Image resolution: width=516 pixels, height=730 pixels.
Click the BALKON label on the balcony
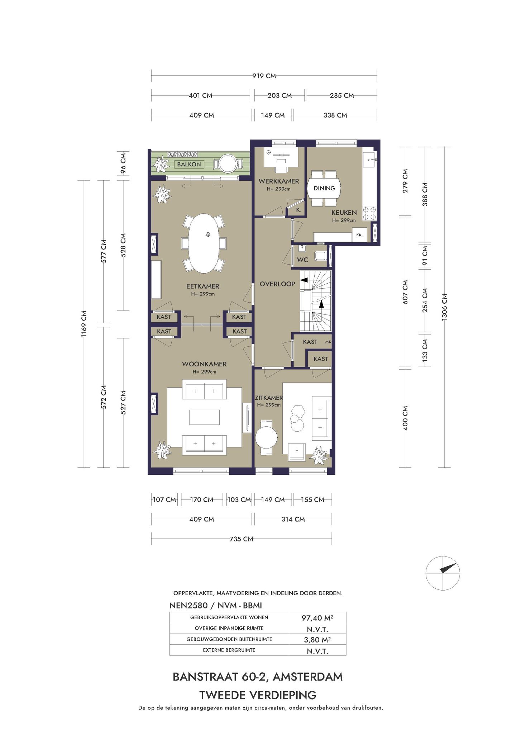pyautogui.click(x=189, y=164)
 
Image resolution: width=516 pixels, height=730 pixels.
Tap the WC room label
pyautogui.click(x=302, y=260)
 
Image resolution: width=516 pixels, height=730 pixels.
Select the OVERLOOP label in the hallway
pyautogui.click(x=277, y=284)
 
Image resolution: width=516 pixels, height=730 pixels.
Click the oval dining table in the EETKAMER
pyautogui.click(x=204, y=243)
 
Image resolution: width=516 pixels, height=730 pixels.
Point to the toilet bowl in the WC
pyautogui.click(x=320, y=256)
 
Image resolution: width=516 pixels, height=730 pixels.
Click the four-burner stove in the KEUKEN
pyautogui.click(x=369, y=213)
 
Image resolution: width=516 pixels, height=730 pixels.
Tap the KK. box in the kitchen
pyautogui.click(x=359, y=235)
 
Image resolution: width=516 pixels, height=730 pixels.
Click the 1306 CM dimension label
pyautogui.click(x=445, y=307)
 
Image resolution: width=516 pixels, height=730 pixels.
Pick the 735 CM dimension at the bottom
pyautogui.click(x=241, y=539)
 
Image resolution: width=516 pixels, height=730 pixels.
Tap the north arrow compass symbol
pyautogui.click(x=443, y=573)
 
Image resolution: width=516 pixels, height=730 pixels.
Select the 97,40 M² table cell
pyautogui.click(x=317, y=617)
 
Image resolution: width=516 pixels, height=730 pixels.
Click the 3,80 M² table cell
pyautogui.click(x=317, y=639)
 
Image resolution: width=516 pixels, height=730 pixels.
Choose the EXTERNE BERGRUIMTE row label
pyautogui.click(x=229, y=650)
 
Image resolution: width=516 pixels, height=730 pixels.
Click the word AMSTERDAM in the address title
pyautogui.click(x=308, y=677)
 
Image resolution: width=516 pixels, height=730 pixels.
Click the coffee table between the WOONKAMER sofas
pyautogui.click(x=204, y=417)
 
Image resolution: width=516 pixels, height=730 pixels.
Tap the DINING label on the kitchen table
pyautogui.click(x=324, y=188)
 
